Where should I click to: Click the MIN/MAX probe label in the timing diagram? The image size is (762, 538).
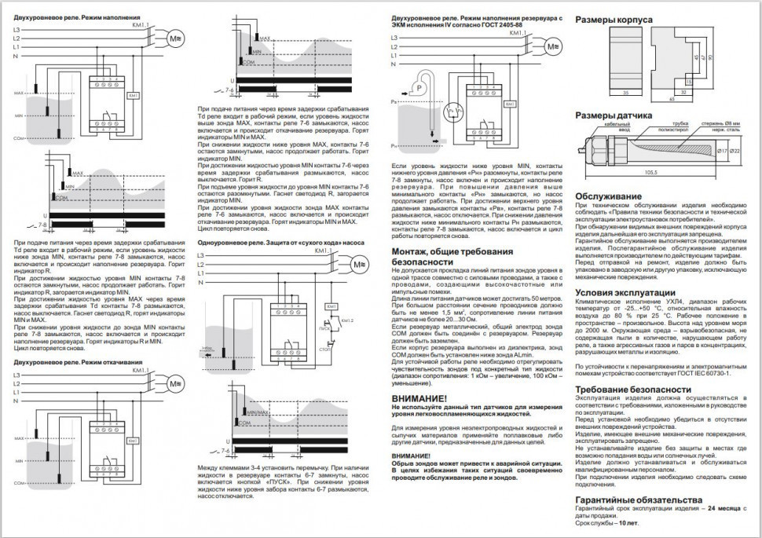(258, 411)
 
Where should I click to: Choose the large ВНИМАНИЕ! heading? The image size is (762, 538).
(419, 399)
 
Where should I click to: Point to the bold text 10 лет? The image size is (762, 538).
(627, 522)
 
